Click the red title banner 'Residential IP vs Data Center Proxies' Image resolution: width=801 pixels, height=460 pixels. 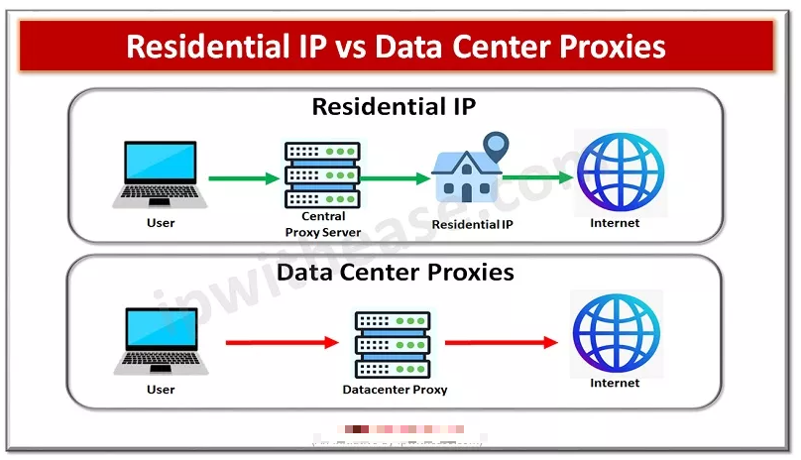396,47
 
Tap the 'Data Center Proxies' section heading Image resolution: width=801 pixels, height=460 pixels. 396,271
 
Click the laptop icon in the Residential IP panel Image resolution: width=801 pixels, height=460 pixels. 161,174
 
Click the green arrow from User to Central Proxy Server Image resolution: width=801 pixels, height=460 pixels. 245,179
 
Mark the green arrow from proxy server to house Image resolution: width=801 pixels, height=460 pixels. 396,179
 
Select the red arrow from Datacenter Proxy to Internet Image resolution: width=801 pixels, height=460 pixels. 501,343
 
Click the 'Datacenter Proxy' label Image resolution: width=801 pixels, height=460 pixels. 395,390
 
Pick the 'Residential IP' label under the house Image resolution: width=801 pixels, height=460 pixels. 473,225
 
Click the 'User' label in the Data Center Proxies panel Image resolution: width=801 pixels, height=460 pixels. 161,390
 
